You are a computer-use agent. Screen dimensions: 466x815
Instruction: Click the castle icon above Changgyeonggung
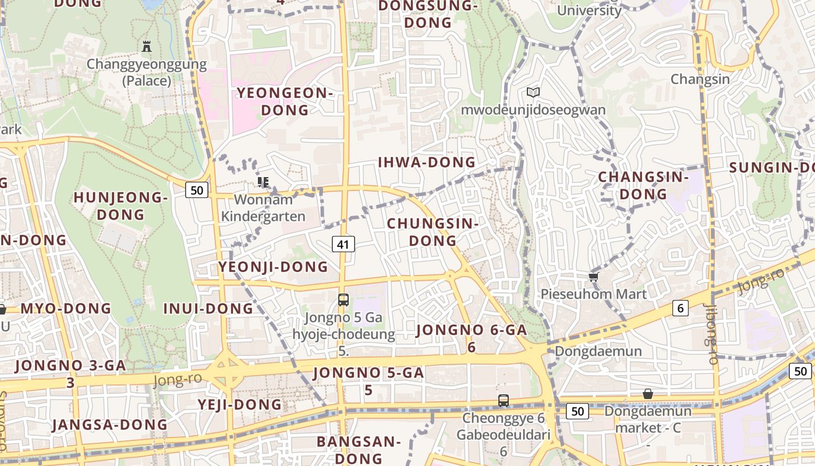(147, 47)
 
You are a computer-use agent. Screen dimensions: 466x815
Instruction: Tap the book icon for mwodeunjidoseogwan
(533, 92)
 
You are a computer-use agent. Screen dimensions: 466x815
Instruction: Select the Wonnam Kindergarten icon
(263, 182)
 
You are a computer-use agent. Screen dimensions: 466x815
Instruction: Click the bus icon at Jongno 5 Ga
(343, 300)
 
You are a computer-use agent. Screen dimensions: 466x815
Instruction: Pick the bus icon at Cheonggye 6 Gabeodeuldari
(504, 401)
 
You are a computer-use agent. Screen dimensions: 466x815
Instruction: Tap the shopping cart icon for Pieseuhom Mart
(593, 277)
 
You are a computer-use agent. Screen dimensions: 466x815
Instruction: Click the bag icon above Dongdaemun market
(648, 394)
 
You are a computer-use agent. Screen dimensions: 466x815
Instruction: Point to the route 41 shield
(343, 244)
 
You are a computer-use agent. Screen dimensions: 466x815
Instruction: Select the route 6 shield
(681, 308)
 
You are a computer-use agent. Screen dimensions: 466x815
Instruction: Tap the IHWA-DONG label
(427, 163)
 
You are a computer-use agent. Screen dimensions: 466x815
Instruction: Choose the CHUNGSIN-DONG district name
(433, 232)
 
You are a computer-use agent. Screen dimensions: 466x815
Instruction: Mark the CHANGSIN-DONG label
(643, 185)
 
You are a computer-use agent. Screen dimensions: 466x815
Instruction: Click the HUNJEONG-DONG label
(121, 206)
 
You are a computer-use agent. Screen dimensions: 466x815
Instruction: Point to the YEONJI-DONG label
(273, 267)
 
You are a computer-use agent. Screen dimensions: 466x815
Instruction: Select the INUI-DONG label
(208, 308)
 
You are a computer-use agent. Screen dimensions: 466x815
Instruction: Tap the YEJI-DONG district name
(239, 404)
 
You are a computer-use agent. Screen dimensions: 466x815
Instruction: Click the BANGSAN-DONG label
(359, 450)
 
